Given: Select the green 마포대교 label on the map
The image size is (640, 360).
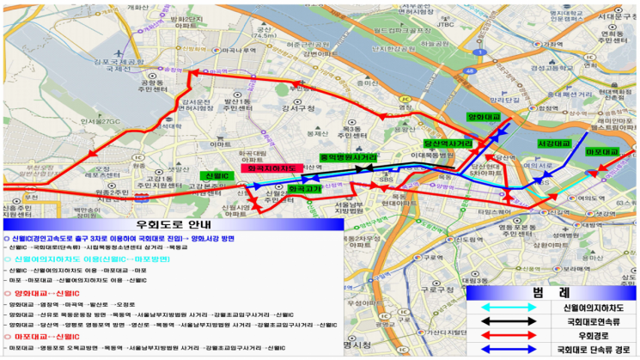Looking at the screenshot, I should (x=602, y=152).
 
